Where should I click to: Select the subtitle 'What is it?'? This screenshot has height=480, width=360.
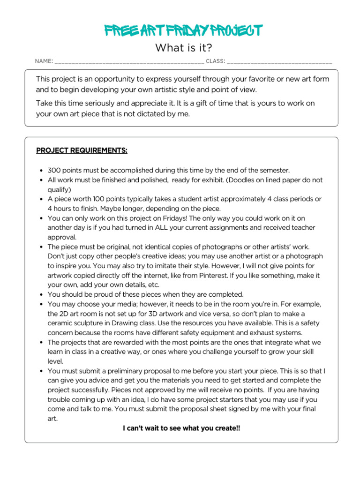tap(180, 48)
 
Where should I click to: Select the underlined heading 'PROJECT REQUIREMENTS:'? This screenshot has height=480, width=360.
tap(82, 151)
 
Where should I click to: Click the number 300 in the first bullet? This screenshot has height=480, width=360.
tap(54, 171)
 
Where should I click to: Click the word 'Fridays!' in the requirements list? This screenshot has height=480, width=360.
tap(171, 218)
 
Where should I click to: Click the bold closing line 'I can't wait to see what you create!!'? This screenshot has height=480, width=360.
tap(181, 428)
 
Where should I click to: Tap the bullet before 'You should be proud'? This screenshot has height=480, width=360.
tap(42, 295)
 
